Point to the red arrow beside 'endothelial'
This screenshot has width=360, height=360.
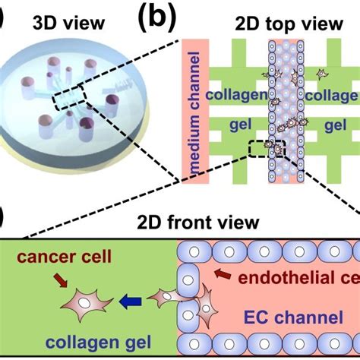219,272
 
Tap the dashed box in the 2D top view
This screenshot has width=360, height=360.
269,147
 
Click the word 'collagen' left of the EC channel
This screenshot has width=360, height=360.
236,96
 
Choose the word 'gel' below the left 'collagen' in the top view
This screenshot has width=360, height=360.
233,123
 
